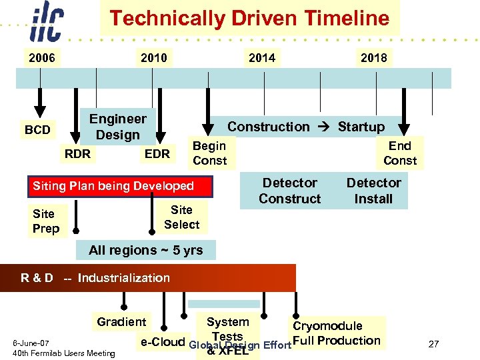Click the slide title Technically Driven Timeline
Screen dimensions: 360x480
point(249,18)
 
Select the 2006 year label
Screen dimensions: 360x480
point(41,58)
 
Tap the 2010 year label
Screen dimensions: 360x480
point(153,58)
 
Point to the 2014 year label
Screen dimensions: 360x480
point(261,58)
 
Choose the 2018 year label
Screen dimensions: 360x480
point(373,58)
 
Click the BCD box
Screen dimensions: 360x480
point(37,130)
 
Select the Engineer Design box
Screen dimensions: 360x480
point(117,127)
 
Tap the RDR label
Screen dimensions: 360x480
point(77,154)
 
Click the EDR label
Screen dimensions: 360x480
point(157,154)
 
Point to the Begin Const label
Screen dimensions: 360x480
point(209,153)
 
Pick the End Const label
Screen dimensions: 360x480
point(400,153)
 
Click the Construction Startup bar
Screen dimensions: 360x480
point(306,127)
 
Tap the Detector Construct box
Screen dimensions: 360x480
point(289,191)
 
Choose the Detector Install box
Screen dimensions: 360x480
point(373,191)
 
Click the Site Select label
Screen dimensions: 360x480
point(181,217)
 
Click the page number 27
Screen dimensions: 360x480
point(433,344)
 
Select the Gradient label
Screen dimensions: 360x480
point(121,322)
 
